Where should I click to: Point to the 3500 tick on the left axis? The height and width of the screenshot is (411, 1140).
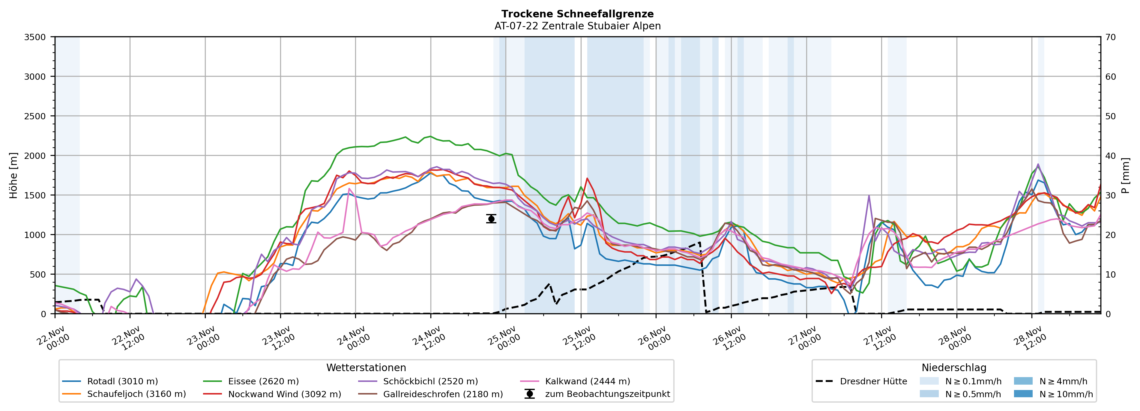pyautogui.click(x=35, y=37)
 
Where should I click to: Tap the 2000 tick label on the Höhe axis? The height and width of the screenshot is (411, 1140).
pyautogui.click(x=35, y=156)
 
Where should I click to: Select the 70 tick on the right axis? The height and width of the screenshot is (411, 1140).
pyautogui.click(x=1110, y=37)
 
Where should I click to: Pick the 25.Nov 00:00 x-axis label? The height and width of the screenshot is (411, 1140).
pyautogui.click(x=504, y=338)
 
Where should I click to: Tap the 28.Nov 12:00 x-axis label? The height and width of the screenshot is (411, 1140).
pyautogui.click(x=1030, y=338)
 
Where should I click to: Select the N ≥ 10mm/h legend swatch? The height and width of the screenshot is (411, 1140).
pyautogui.click(x=1023, y=394)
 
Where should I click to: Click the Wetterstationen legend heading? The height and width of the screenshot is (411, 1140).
pyautogui.click(x=366, y=368)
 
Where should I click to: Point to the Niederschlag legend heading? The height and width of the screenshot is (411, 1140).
pyautogui.click(x=954, y=368)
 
